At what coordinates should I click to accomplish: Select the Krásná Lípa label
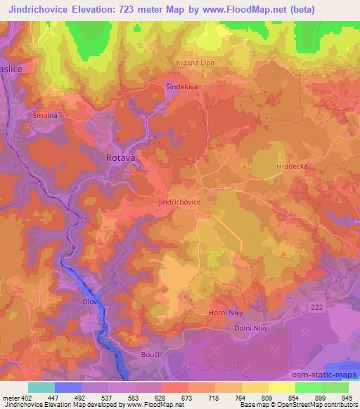(195, 62)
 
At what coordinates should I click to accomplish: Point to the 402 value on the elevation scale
(23, 398)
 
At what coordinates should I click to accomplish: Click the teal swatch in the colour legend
(41, 387)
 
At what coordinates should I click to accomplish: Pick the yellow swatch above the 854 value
(281, 387)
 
